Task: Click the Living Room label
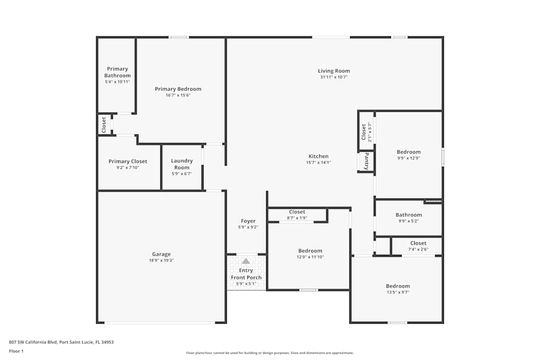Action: click(x=334, y=71)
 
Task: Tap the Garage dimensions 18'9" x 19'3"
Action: click(x=161, y=260)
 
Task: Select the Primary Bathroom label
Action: click(x=117, y=72)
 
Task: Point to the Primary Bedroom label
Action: click(x=178, y=89)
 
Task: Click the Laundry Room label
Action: click(x=181, y=164)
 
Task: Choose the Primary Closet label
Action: click(x=127, y=161)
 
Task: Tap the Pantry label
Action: click(x=366, y=161)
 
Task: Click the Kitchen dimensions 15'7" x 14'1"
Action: click(x=319, y=162)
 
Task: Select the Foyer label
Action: click(x=248, y=221)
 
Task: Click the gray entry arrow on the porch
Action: click(x=246, y=261)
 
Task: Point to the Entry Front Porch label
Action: click(x=246, y=274)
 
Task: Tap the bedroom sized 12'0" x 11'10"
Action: click(x=310, y=251)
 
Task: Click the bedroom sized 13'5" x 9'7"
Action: click(x=397, y=286)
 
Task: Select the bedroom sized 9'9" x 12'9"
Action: click(x=408, y=152)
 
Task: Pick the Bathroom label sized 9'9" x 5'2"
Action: click(x=408, y=215)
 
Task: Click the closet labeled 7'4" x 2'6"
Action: click(x=418, y=243)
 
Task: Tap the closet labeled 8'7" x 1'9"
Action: click(x=297, y=212)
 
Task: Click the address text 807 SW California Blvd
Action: click(x=61, y=342)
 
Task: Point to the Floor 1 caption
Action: click(x=16, y=351)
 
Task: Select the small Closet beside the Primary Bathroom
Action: click(x=104, y=125)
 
